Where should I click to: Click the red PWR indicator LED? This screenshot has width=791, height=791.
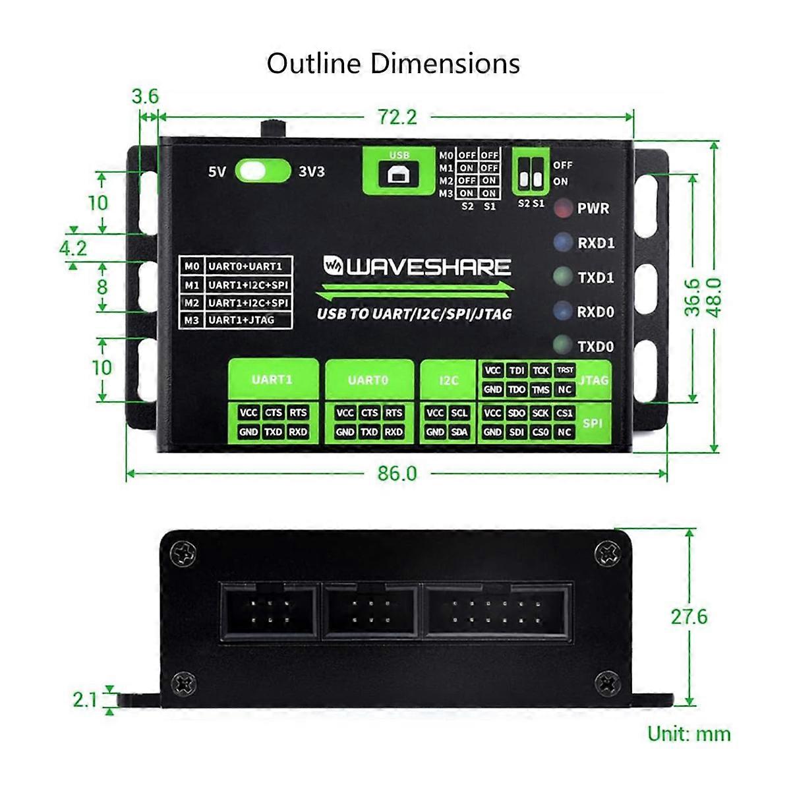[562, 208]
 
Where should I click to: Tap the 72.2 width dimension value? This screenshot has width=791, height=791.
[397, 117]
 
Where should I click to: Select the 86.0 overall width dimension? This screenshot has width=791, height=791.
[397, 473]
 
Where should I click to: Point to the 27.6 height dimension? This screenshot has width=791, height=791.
[689, 616]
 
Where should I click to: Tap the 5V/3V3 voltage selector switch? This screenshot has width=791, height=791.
[262, 171]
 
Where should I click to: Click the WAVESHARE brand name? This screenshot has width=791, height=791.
[428, 267]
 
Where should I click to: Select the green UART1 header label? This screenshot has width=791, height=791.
[272, 380]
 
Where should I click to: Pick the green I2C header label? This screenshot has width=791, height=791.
[448, 380]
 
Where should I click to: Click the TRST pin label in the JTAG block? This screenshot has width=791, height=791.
[564, 370]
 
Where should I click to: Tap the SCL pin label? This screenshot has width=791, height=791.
[459, 413]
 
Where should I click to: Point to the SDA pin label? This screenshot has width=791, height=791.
[459, 432]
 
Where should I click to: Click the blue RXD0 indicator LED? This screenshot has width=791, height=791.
[562, 310]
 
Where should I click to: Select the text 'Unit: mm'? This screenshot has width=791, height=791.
[689, 734]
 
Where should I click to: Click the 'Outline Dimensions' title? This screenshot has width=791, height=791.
[394, 63]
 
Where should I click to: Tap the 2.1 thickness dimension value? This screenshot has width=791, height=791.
[85, 699]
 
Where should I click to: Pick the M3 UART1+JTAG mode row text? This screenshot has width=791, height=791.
[240, 320]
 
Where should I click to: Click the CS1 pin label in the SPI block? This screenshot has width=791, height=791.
[564, 413]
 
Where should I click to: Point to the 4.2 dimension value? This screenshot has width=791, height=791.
[73, 248]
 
